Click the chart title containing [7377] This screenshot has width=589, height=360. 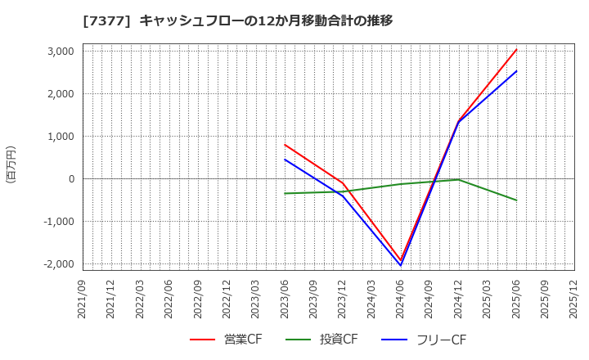pyautogui.click(x=237, y=20)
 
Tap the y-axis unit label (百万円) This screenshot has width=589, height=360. pyautogui.click(x=11, y=164)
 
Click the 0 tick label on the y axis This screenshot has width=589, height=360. pyautogui.click(x=71, y=178)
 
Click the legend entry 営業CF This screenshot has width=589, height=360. pyautogui.click(x=226, y=340)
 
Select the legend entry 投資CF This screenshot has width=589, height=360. pyautogui.click(x=322, y=340)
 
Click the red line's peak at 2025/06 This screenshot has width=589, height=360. pyautogui.click(x=516, y=49)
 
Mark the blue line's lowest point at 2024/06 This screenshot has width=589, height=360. pyautogui.click(x=401, y=265)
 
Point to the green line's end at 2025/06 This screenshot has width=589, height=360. pyautogui.click(x=516, y=200)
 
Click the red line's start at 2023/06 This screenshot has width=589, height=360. pyautogui.click(x=286, y=145)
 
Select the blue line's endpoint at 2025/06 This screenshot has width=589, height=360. pyautogui.click(x=516, y=70)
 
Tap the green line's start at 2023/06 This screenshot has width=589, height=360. pyautogui.click(x=286, y=193)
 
